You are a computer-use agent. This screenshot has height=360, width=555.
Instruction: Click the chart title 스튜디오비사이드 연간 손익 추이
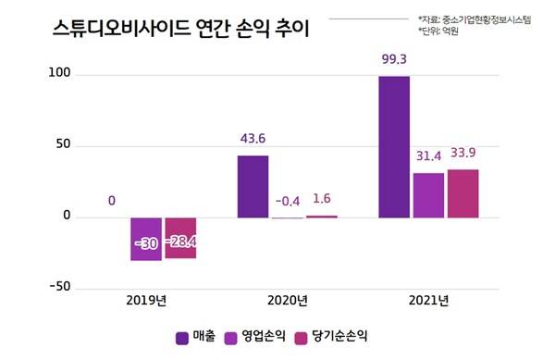coord(168,29)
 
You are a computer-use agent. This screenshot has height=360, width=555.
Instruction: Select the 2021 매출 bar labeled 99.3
coord(394,147)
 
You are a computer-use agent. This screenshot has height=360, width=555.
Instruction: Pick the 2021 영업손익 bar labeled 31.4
coord(428,195)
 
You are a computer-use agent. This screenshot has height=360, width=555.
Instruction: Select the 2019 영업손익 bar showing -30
coord(145,240)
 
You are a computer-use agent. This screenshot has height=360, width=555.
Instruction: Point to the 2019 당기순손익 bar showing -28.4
coord(180,238)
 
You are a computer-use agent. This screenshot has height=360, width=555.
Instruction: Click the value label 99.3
coord(394,60)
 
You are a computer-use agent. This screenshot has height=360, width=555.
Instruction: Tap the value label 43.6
coord(253,140)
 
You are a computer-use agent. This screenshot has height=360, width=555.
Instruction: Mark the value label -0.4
coord(287,201)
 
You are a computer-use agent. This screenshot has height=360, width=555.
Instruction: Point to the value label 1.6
coord(321,198)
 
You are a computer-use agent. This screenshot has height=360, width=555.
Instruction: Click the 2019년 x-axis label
coord(146,302)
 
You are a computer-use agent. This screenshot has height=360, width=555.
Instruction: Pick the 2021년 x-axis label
coord(428,302)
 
